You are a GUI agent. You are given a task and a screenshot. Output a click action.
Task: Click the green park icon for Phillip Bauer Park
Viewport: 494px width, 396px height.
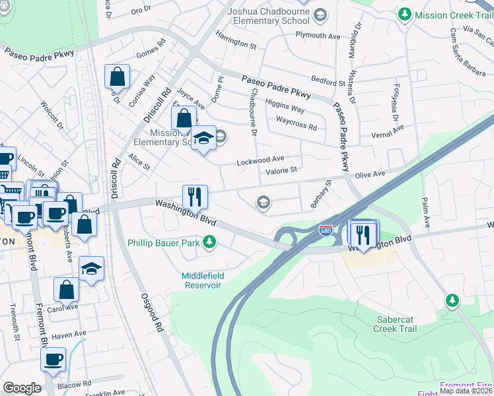(x=209, y=243)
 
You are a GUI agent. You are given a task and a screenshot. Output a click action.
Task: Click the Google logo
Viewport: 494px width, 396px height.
(x=22, y=388)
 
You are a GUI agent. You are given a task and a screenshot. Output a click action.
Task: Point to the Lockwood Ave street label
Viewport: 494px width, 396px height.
(x=261, y=159)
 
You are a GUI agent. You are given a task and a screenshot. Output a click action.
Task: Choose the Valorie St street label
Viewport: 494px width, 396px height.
(x=281, y=170)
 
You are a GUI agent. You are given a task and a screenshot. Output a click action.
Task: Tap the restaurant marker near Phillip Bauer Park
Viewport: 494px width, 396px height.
(x=195, y=196)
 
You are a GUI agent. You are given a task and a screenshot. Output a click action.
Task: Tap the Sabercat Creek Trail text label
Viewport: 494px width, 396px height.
(x=395, y=323)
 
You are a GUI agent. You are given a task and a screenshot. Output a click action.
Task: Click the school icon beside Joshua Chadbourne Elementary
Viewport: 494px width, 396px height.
(x=320, y=15)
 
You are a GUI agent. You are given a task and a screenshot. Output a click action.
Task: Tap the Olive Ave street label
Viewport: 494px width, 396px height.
(x=370, y=174)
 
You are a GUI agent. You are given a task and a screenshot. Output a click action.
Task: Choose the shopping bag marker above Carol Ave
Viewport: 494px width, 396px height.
(x=66, y=289)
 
